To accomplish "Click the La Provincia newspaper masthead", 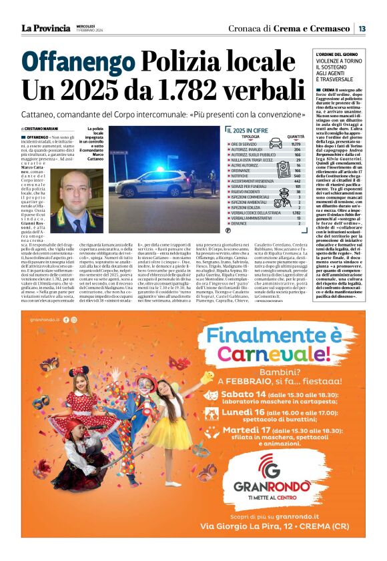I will click(45, 28).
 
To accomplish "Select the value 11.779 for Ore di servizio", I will click(296, 144).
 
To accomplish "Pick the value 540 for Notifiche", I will click(298, 175).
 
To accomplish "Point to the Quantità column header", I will click(295, 136).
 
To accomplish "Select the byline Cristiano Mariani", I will click(46, 129).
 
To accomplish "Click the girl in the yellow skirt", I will click(165, 413).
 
